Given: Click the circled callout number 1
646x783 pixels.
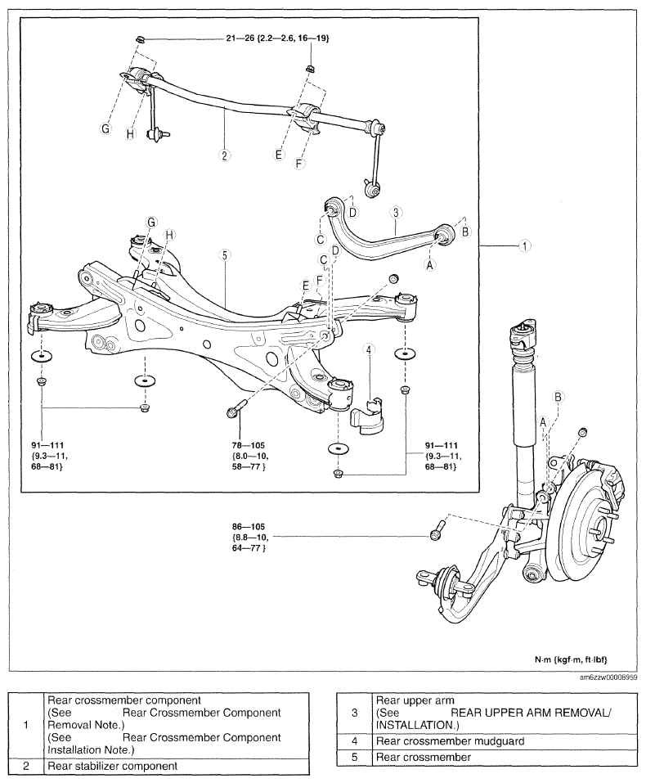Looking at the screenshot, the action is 524,245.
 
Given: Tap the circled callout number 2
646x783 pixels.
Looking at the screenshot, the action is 224,155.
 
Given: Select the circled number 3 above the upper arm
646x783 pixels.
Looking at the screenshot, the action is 396,213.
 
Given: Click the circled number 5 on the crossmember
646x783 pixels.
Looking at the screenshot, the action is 225,255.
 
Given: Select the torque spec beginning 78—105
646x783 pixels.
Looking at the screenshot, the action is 249,456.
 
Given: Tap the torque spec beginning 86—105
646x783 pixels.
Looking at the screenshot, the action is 249,538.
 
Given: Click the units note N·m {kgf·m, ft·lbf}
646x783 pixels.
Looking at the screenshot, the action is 571,659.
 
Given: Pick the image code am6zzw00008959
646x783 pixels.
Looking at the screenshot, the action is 608,677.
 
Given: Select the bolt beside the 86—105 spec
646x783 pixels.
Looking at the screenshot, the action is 437,530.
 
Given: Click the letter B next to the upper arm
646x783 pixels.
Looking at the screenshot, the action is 465,232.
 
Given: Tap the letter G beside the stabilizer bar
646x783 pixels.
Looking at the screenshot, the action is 105,128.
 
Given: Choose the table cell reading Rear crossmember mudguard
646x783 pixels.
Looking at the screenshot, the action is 505,741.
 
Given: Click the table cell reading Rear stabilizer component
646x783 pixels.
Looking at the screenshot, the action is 177,766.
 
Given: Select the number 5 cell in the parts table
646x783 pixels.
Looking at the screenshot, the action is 354,757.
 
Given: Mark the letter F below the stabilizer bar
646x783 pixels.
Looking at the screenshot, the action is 299,163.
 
